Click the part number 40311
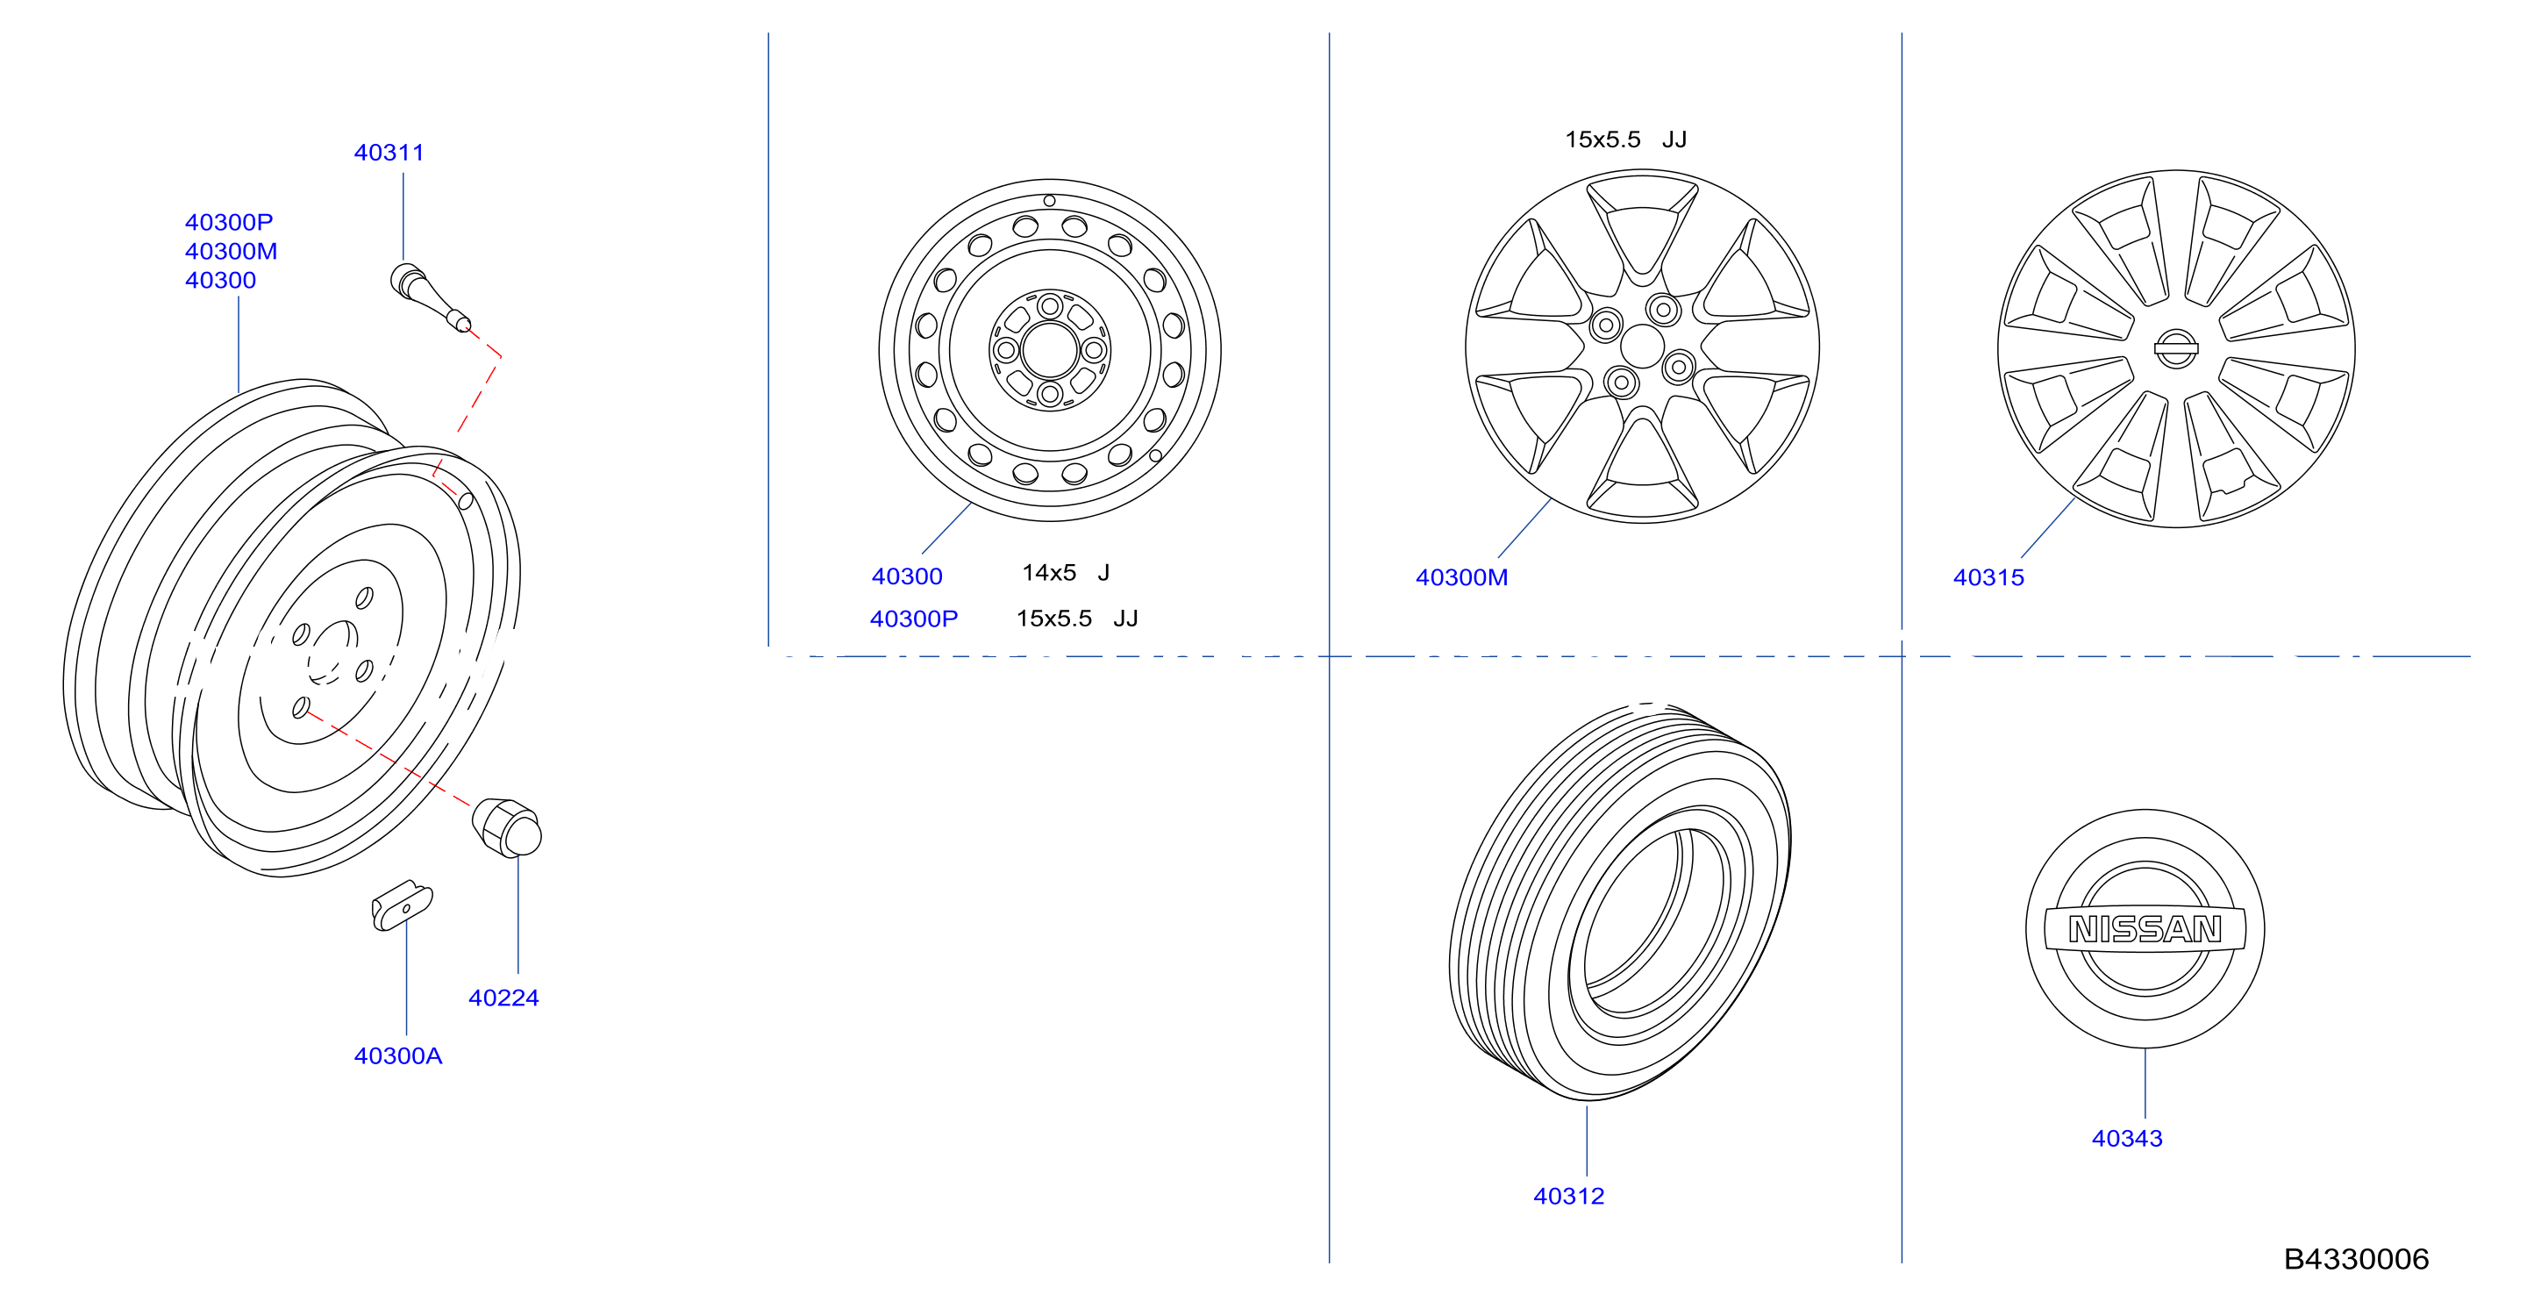pos(389,153)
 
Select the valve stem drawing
pos(431,297)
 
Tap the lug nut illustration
pos(507,826)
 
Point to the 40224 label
pos(503,998)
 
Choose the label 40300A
pos(397,1056)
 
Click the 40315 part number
pos(1988,577)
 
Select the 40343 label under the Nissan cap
pos(2127,1139)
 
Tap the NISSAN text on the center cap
pos(2145,929)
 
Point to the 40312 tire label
pos(1568,1197)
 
